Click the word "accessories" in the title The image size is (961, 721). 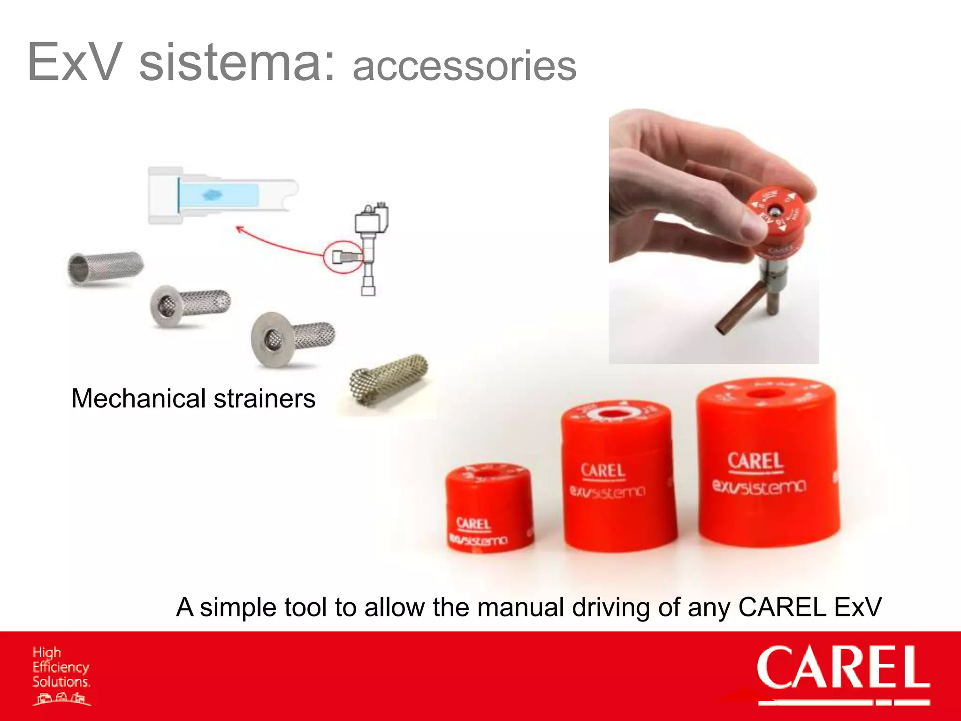click(464, 67)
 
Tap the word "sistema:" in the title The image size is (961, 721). click(237, 62)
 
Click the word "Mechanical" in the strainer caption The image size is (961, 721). click(138, 399)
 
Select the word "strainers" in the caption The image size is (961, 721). click(265, 399)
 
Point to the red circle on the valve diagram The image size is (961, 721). click(343, 257)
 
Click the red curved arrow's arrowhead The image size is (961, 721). click(239, 229)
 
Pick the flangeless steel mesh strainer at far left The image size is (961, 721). click(105, 267)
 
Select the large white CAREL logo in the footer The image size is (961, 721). click(843, 668)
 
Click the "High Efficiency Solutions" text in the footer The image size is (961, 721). click(61, 667)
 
